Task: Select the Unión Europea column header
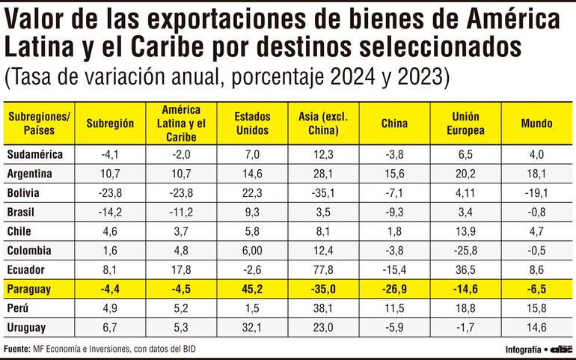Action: point(466,123)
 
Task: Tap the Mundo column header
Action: point(536,123)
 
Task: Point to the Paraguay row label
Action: point(28,289)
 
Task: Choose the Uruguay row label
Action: point(26,328)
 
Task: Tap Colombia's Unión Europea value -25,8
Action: point(466,250)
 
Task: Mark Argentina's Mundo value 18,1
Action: point(536,174)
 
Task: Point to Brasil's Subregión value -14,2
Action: point(111,212)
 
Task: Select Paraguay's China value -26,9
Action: point(394,289)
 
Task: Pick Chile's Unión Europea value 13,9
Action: point(466,231)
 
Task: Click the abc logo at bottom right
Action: point(563,350)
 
